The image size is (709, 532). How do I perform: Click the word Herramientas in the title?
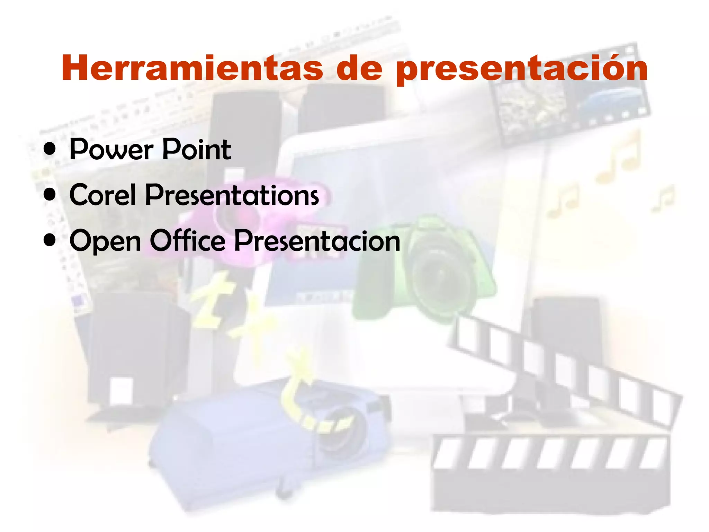[x=192, y=68]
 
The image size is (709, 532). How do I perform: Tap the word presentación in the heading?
[x=522, y=69]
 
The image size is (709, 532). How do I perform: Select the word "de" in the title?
[x=359, y=68]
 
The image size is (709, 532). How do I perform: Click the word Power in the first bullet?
[x=111, y=150]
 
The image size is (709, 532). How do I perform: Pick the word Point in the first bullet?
[x=196, y=150]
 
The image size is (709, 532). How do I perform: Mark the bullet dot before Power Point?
[x=50, y=149]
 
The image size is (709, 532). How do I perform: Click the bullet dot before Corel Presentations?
[x=50, y=195]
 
